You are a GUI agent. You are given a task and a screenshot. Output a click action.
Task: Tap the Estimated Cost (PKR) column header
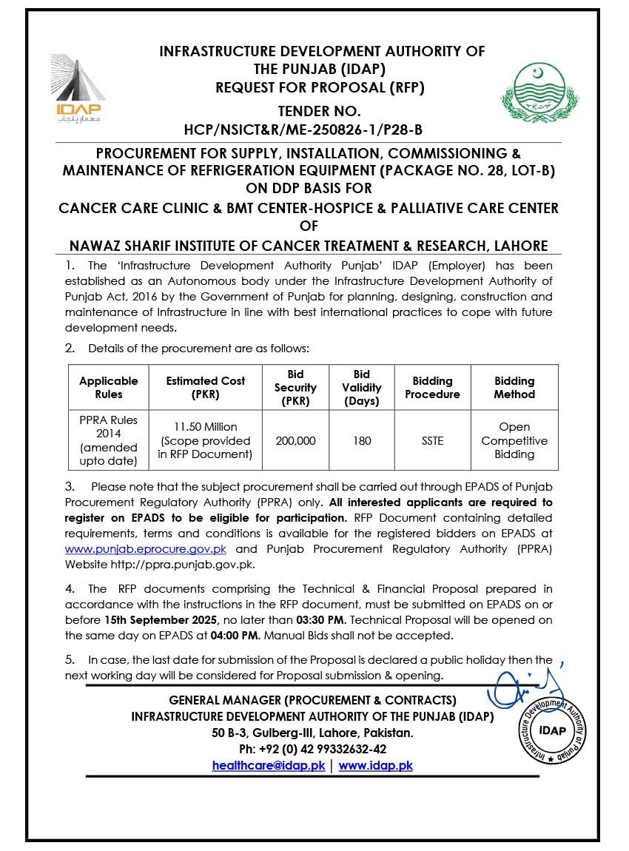click(206, 388)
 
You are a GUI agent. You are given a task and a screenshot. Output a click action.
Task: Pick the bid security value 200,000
click(295, 440)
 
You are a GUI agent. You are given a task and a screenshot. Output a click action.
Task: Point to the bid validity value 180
click(362, 440)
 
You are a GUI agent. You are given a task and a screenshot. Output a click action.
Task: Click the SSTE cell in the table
click(432, 440)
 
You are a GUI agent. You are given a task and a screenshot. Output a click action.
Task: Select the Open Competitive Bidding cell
click(514, 440)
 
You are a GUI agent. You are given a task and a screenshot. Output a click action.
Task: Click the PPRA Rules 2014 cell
click(109, 440)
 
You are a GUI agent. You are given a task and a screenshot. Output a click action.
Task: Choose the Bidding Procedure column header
click(432, 388)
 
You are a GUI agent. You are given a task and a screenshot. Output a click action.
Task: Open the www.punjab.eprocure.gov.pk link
click(146, 549)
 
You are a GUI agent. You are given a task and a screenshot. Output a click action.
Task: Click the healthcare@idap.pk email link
click(268, 766)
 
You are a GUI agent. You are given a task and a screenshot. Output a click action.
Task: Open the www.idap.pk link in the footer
click(376, 766)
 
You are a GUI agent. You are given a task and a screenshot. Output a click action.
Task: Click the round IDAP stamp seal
click(551, 731)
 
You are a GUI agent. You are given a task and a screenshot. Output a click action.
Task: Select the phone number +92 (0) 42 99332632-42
click(312, 749)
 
